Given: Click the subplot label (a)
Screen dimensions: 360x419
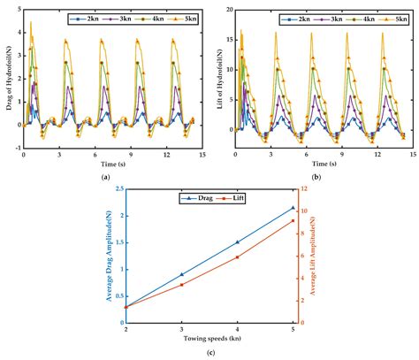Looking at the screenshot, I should [x=106, y=177].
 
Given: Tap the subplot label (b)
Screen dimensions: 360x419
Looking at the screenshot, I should [x=316, y=177].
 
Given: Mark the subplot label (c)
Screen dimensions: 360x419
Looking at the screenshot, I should [x=209, y=353].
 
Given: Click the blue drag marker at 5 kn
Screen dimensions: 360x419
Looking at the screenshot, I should [x=293, y=208].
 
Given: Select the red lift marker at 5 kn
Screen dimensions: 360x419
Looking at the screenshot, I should [x=293, y=220].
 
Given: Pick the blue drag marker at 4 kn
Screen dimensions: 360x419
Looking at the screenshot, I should [x=237, y=241].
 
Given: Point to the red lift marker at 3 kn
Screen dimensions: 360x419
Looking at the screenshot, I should [x=181, y=285].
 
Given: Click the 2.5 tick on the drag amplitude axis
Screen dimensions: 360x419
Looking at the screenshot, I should [x=120, y=189].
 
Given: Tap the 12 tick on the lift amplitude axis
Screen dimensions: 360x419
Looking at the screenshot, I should [x=302, y=189].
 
